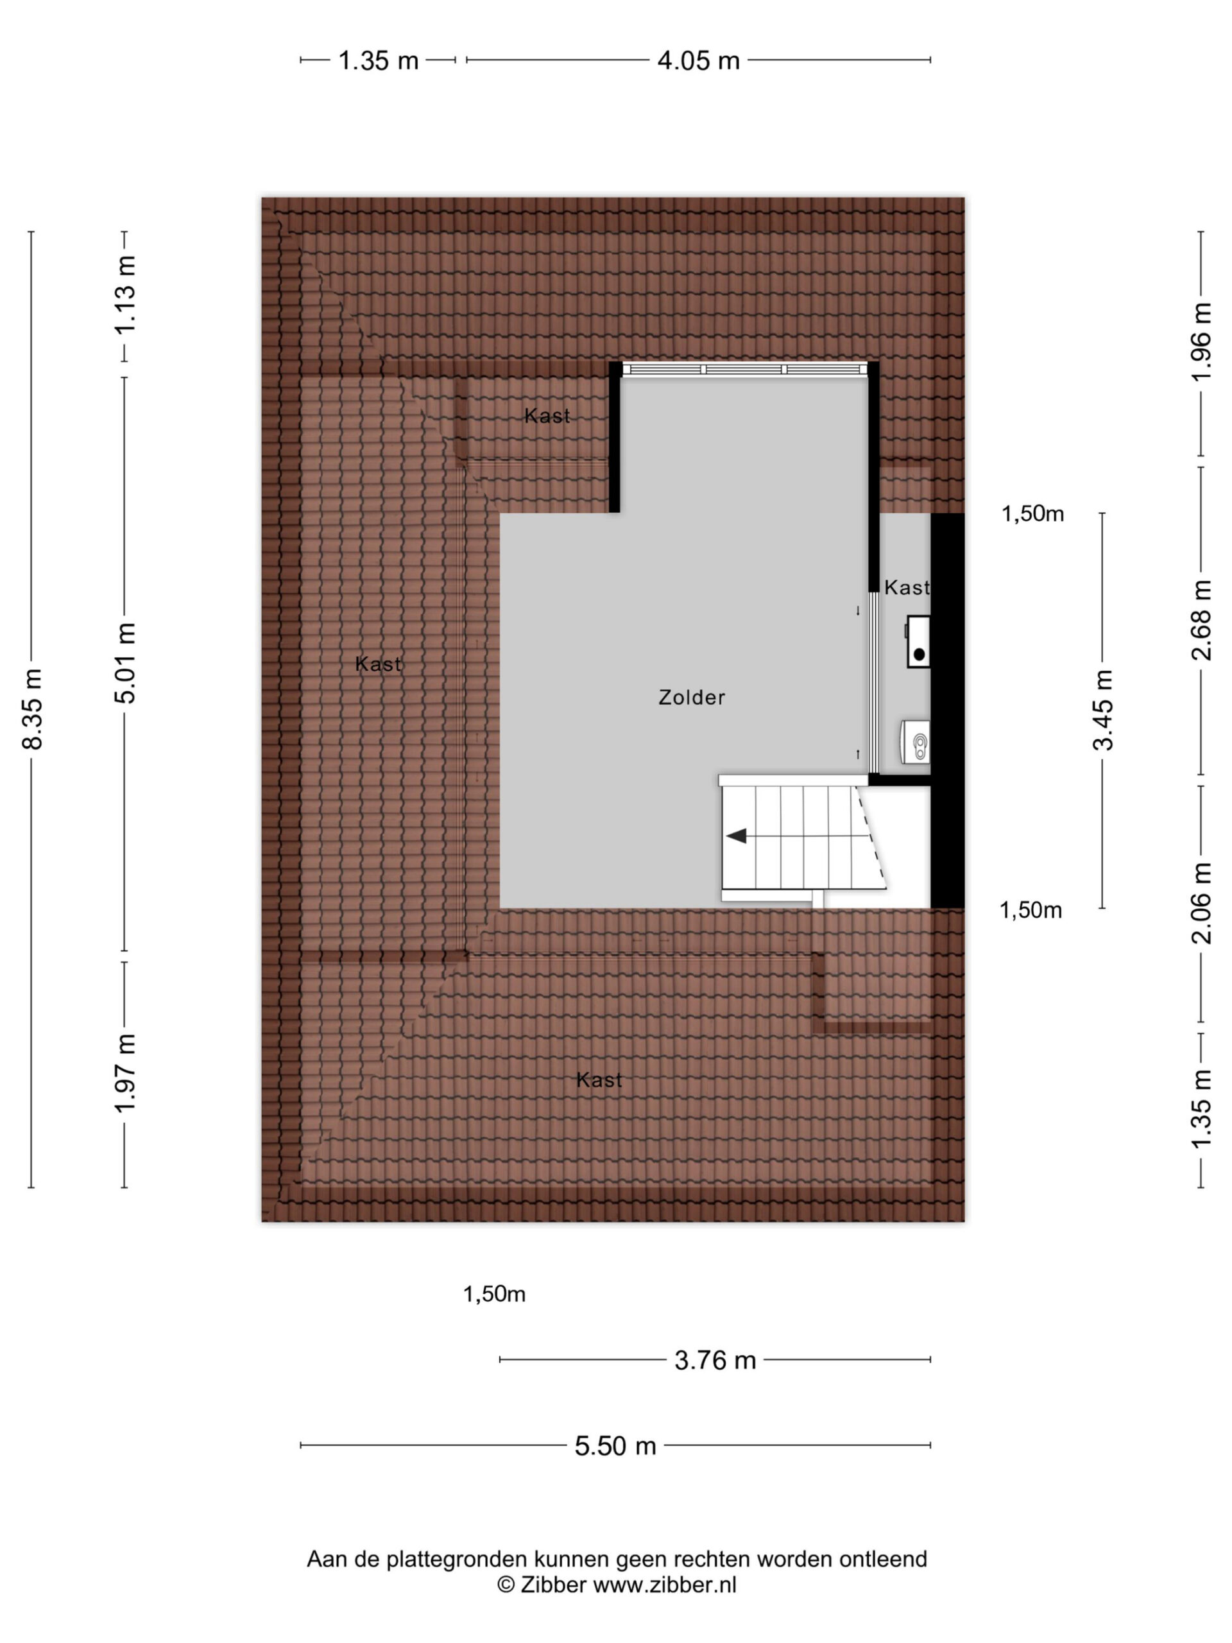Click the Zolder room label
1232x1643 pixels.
(691, 698)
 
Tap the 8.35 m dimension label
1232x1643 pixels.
(32, 709)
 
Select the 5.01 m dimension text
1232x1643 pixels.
(124, 663)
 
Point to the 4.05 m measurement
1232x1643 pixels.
(699, 60)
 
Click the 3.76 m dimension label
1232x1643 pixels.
(715, 1360)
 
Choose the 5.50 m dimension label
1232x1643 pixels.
(615, 1445)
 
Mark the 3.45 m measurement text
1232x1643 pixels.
(1103, 710)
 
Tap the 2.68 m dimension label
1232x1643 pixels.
(1201, 620)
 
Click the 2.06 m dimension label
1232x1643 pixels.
(1201, 903)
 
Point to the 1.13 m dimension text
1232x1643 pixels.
(124, 295)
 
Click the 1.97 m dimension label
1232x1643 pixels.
(124, 1072)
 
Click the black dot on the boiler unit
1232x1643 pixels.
(920, 655)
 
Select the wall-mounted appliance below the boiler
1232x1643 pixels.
(915, 742)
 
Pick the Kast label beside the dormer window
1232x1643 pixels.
(547, 416)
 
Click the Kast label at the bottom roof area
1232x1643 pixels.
(599, 1080)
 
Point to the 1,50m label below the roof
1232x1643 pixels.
(495, 1295)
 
